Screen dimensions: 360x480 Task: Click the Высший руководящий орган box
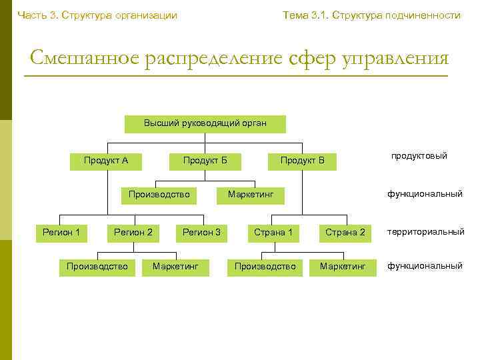point(205,123)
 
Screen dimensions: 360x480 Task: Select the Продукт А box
point(106,161)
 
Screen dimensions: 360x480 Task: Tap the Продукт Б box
point(205,161)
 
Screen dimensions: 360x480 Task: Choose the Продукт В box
point(302,161)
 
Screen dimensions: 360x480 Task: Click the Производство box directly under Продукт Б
point(159,195)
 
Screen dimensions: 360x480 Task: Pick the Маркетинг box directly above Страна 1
point(256,195)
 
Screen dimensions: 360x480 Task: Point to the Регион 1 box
point(61,233)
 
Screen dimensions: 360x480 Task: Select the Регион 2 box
point(133,233)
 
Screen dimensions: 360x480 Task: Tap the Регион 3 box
point(201,233)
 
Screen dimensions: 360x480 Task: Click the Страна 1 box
point(273,233)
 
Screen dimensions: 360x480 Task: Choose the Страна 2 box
point(345,233)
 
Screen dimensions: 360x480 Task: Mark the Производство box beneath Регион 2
point(97,267)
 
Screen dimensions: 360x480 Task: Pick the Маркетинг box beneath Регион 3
point(175,267)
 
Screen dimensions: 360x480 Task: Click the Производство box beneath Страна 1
point(265,267)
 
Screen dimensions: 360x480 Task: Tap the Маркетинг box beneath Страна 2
point(343,267)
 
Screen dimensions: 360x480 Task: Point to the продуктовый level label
point(419,156)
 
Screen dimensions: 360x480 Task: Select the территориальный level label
point(425,232)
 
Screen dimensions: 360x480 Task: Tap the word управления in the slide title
point(396,58)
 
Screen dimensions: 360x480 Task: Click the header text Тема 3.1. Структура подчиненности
point(371,15)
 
